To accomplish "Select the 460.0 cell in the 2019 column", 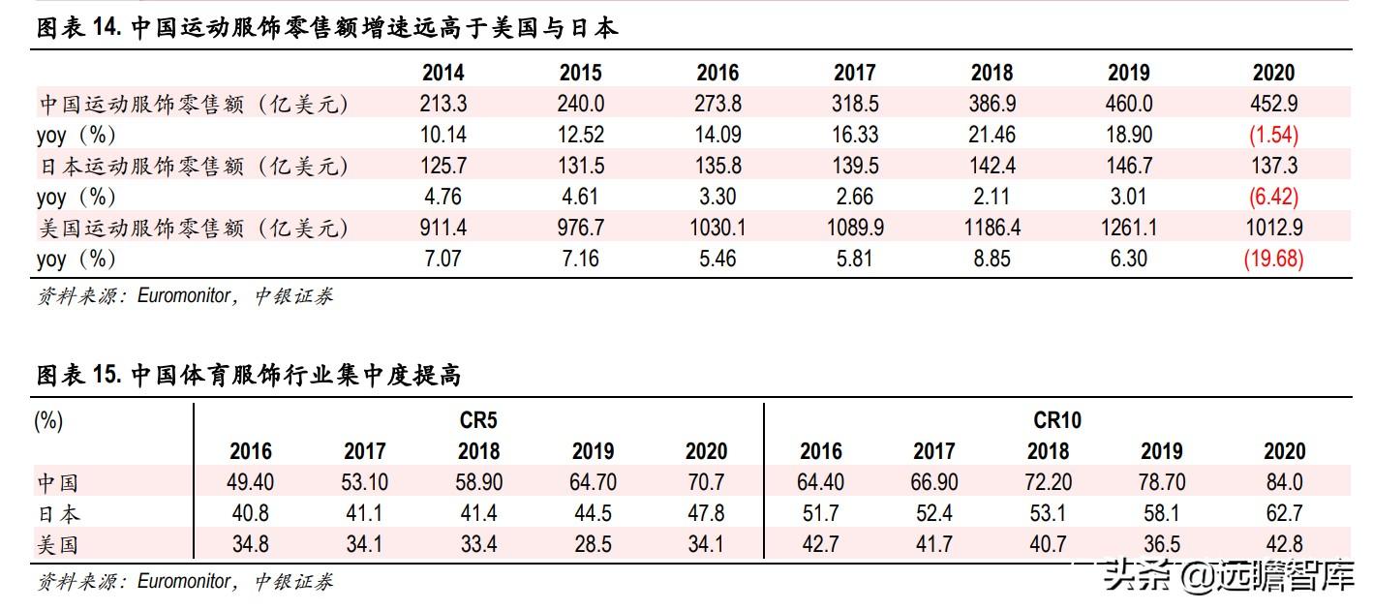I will pyautogui.click(x=1129, y=104).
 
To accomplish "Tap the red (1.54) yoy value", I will pyautogui.click(x=1273, y=135).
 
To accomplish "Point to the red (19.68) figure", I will pyautogui.click(x=1273, y=259).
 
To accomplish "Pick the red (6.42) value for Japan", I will pyautogui.click(x=1273, y=197).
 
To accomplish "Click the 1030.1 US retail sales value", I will pyautogui.click(x=717, y=228).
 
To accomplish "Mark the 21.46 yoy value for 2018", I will pyautogui.click(x=992, y=135).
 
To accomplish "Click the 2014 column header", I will pyautogui.click(x=442, y=73).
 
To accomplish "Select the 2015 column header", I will pyautogui.click(x=580, y=73).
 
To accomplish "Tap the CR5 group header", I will pyautogui.click(x=478, y=420).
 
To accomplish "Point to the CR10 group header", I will pyautogui.click(x=1056, y=420).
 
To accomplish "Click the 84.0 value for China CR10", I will pyautogui.click(x=1284, y=482).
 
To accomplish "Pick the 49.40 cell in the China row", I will pyautogui.click(x=250, y=482).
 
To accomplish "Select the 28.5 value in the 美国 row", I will pyautogui.click(x=593, y=544).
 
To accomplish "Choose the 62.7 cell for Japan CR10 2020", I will pyautogui.click(x=1284, y=513).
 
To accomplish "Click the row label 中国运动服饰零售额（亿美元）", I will pyautogui.click(x=192, y=104).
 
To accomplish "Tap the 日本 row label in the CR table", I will pyautogui.click(x=57, y=513).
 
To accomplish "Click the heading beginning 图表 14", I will pyautogui.click(x=326, y=28).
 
